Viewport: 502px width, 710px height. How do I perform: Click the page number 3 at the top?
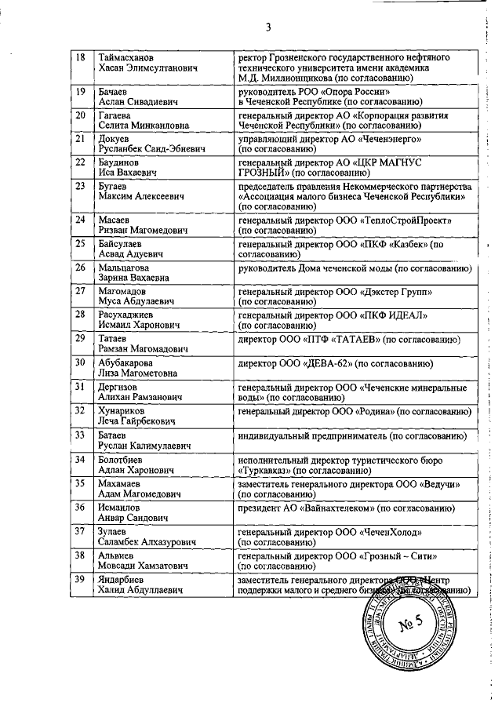click(x=267, y=28)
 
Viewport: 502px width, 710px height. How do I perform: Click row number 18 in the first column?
click(x=80, y=58)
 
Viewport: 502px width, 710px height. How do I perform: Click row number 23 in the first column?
click(x=80, y=186)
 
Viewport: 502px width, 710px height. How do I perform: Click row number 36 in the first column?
click(x=80, y=507)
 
